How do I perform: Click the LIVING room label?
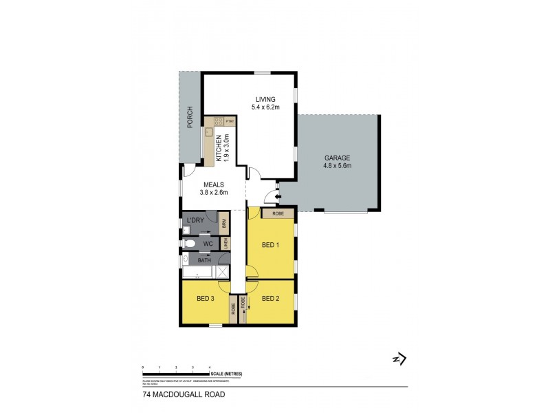tap(265, 100)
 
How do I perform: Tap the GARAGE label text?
tap(338, 158)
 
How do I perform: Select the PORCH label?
tap(190, 118)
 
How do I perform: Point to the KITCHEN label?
tap(219, 147)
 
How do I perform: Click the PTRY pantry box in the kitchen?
tap(230, 121)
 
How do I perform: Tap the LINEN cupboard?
tap(223, 243)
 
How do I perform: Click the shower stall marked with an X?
tap(222, 272)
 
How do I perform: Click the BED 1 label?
tap(270, 245)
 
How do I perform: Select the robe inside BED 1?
tap(278, 213)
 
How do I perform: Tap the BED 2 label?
tap(271, 298)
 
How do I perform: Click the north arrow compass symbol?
tap(399, 359)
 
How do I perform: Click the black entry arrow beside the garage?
tap(277, 198)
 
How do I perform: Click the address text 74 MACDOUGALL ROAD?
tap(175, 395)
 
